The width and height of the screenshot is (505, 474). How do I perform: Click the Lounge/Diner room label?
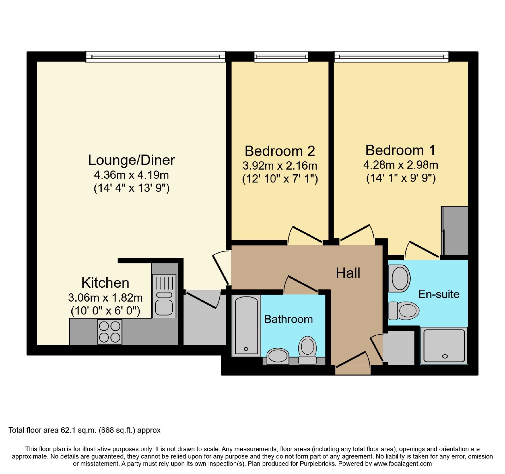coord(131,160)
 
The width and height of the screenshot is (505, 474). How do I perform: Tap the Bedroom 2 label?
coord(280,151)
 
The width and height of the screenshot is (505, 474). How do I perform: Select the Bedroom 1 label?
coord(401,150)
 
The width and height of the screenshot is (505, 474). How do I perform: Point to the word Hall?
coord(348,273)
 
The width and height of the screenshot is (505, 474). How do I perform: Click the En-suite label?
coord(439,294)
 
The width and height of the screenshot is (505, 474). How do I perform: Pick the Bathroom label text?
coord(288,319)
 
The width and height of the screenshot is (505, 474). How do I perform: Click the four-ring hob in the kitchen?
coord(110,332)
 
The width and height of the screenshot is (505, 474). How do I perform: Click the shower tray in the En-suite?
coord(444,345)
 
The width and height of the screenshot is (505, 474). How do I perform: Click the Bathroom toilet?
coord(307,350)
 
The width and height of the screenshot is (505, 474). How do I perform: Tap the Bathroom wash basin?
coord(278,357)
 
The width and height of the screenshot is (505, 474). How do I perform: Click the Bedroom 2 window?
coord(281,57)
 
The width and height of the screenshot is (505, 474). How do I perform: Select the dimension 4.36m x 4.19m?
coord(131,175)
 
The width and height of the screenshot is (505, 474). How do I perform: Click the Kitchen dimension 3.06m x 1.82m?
coord(105,298)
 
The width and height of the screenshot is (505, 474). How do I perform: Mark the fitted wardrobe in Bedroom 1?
coord(454,231)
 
